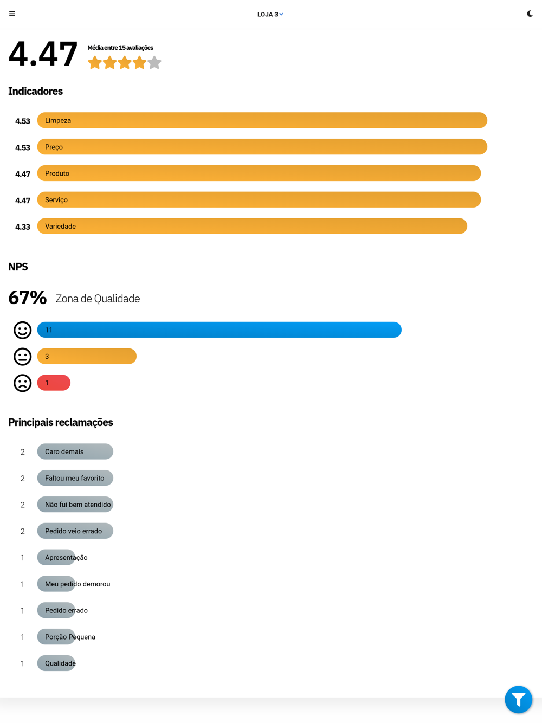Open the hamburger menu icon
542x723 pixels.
coord(12,14)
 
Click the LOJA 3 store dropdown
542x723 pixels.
coord(270,15)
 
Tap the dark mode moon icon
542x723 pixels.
coord(530,14)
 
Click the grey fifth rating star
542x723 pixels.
coord(154,63)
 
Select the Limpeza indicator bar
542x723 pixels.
coord(262,120)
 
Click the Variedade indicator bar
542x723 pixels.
coord(252,226)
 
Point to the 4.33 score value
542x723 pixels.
coord(23,227)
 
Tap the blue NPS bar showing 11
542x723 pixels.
coord(219,330)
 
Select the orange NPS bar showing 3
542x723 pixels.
coord(87,357)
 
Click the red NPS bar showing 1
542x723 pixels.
coord(54,383)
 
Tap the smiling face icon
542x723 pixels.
coord(23,330)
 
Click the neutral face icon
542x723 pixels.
coord(23,357)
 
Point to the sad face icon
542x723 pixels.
coord(23,383)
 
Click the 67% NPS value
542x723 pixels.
coord(28,298)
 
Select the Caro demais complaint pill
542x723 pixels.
coord(75,451)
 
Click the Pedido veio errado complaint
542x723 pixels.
coord(75,531)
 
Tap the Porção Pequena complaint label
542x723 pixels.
coord(69,637)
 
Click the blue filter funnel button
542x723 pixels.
coord(518,700)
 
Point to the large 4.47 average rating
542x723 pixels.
coord(43,54)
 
